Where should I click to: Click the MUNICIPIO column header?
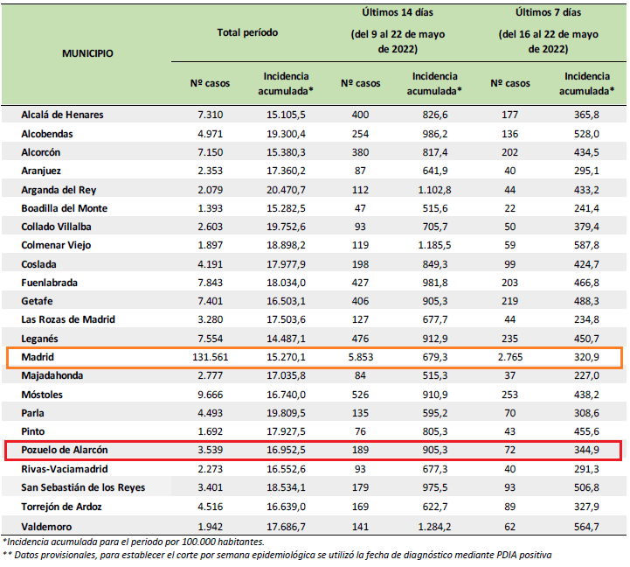click(x=87, y=53)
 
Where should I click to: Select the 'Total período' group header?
click(x=247, y=32)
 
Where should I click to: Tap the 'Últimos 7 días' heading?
click(x=549, y=12)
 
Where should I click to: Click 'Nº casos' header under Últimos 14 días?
click(x=360, y=83)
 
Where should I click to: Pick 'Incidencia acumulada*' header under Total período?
click(x=286, y=84)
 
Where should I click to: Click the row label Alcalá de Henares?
click(x=62, y=115)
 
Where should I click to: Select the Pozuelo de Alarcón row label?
click(x=65, y=450)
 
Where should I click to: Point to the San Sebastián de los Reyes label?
click(x=83, y=487)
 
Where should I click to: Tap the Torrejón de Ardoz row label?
click(x=61, y=507)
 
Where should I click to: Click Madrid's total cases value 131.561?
click(x=210, y=357)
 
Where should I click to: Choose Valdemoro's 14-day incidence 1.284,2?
click(x=435, y=527)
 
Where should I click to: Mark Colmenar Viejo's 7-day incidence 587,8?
click(x=586, y=245)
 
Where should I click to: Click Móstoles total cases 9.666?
click(x=210, y=395)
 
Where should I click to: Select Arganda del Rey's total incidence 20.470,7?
click(x=286, y=190)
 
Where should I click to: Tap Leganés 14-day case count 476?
click(x=360, y=339)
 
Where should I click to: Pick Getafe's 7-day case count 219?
click(x=510, y=301)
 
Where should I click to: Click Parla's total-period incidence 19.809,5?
click(x=286, y=413)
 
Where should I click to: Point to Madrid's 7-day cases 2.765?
click(x=510, y=357)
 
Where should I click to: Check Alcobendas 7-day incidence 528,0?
click(x=586, y=134)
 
